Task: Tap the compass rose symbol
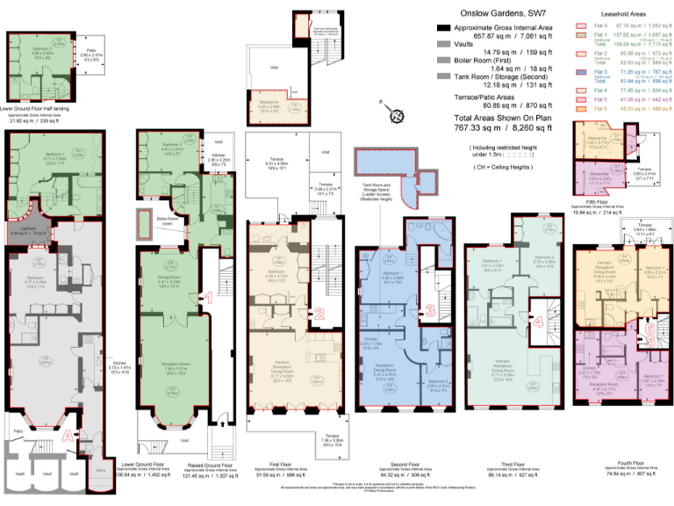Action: pos(398,114)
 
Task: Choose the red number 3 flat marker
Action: pos(429,309)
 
